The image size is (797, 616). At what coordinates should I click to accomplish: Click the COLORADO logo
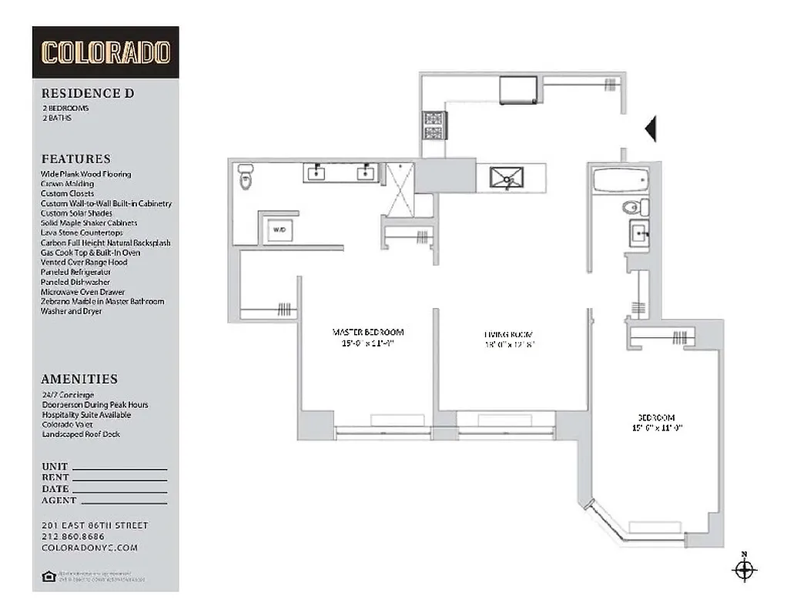pyautogui.click(x=105, y=52)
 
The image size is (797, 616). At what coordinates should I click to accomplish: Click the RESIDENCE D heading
pyautogui.click(x=88, y=93)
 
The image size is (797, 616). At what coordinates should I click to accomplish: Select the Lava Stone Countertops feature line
pyautogui.click(x=82, y=233)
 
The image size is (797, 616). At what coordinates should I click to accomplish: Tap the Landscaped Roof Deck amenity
pyautogui.click(x=81, y=434)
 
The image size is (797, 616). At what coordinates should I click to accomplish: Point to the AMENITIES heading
pyautogui.click(x=79, y=379)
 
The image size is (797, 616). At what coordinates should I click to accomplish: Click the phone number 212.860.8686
pyautogui.click(x=73, y=537)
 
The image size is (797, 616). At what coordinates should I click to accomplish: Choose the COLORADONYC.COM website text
pyautogui.click(x=89, y=547)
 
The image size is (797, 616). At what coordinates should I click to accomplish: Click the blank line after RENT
pyautogui.click(x=119, y=477)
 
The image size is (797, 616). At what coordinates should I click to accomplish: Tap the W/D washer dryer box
pyautogui.click(x=277, y=229)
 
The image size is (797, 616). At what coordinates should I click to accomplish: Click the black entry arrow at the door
pyautogui.click(x=650, y=129)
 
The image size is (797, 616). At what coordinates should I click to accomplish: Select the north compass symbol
pyautogui.click(x=744, y=570)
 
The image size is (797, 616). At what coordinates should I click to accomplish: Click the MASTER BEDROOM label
pyautogui.click(x=367, y=333)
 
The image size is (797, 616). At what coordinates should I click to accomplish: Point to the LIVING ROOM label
pyautogui.click(x=508, y=334)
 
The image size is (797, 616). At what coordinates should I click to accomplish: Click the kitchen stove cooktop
pyautogui.click(x=432, y=126)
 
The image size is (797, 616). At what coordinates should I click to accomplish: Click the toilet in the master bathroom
pyautogui.click(x=246, y=177)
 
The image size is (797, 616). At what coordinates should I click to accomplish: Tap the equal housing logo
pyautogui.click(x=48, y=576)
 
